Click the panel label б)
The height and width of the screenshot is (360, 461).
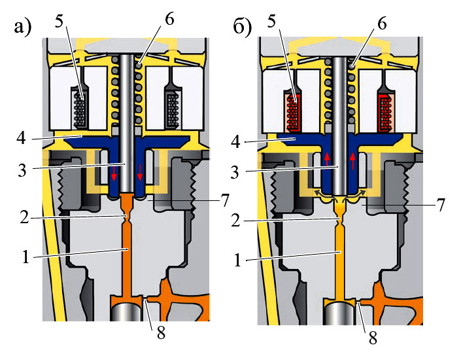[x=243, y=27]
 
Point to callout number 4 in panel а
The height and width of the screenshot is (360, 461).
[x=22, y=138]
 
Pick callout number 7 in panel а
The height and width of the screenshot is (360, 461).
[x=224, y=200]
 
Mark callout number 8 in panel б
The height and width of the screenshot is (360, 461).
[x=373, y=338]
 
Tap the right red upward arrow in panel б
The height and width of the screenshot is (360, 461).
[x=353, y=159]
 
